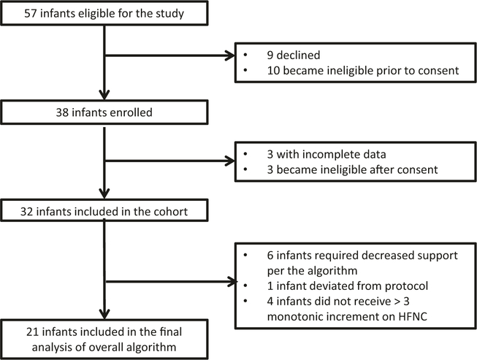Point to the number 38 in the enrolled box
[x=13, y=112]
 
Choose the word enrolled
[x=83, y=112]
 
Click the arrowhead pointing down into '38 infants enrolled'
[x=106, y=96]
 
